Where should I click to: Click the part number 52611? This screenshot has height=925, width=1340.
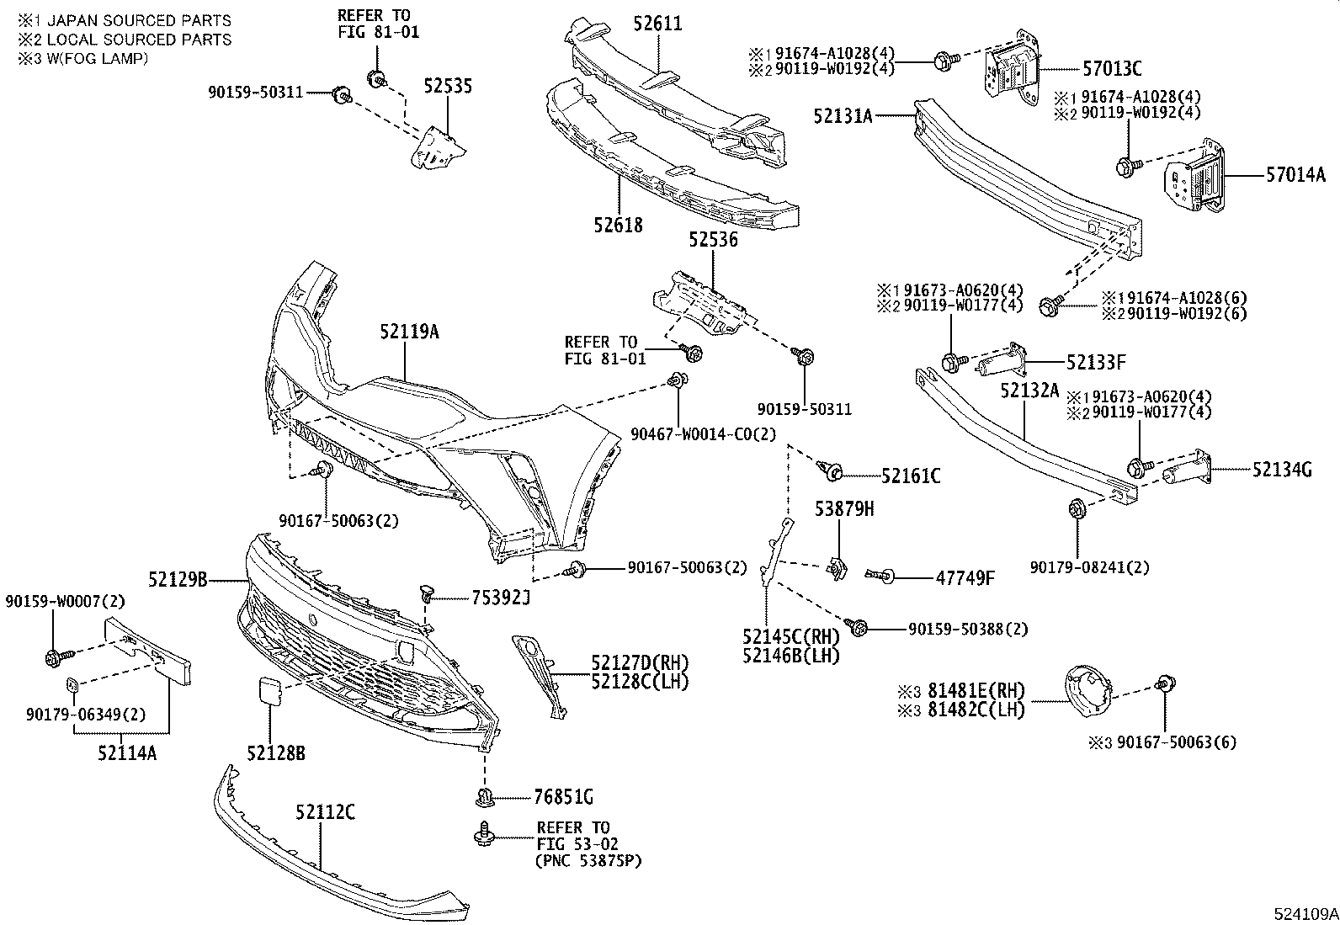coord(658,24)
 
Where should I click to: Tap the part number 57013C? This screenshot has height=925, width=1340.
coord(1111,69)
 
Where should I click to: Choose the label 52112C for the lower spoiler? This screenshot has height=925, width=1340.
coord(324,812)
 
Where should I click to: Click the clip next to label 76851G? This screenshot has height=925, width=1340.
coord(485,796)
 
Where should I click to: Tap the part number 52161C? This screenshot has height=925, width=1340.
coord(911,476)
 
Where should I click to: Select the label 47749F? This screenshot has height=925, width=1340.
coord(965,578)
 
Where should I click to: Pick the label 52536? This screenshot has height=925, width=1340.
coord(712,240)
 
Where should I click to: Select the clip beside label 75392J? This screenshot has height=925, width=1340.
coord(428,595)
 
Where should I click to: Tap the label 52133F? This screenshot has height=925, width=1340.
coord(1096,364)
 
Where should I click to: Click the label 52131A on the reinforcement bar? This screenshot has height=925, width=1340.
coord(843,116)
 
